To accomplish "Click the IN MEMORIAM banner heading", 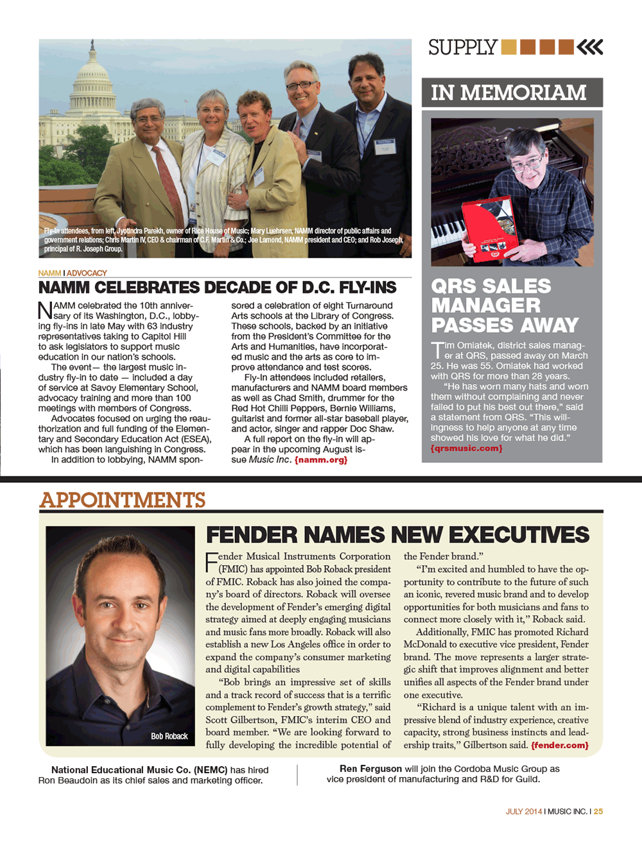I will [508, 93].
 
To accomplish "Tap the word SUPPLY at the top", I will [463, 48].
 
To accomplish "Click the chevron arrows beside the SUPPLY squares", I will [590, 47].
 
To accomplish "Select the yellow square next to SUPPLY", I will [508, 47].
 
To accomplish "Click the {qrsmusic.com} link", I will [467, 448].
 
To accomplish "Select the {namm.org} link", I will [320, 460].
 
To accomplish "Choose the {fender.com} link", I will [559, 745].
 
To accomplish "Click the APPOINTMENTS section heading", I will [123, 500].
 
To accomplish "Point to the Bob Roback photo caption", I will [169, 736].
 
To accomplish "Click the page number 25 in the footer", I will [598, 811].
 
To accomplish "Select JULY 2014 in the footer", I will [524, 811].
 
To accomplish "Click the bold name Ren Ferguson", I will [370, 769].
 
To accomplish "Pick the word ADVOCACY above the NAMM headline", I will [87, 273].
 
